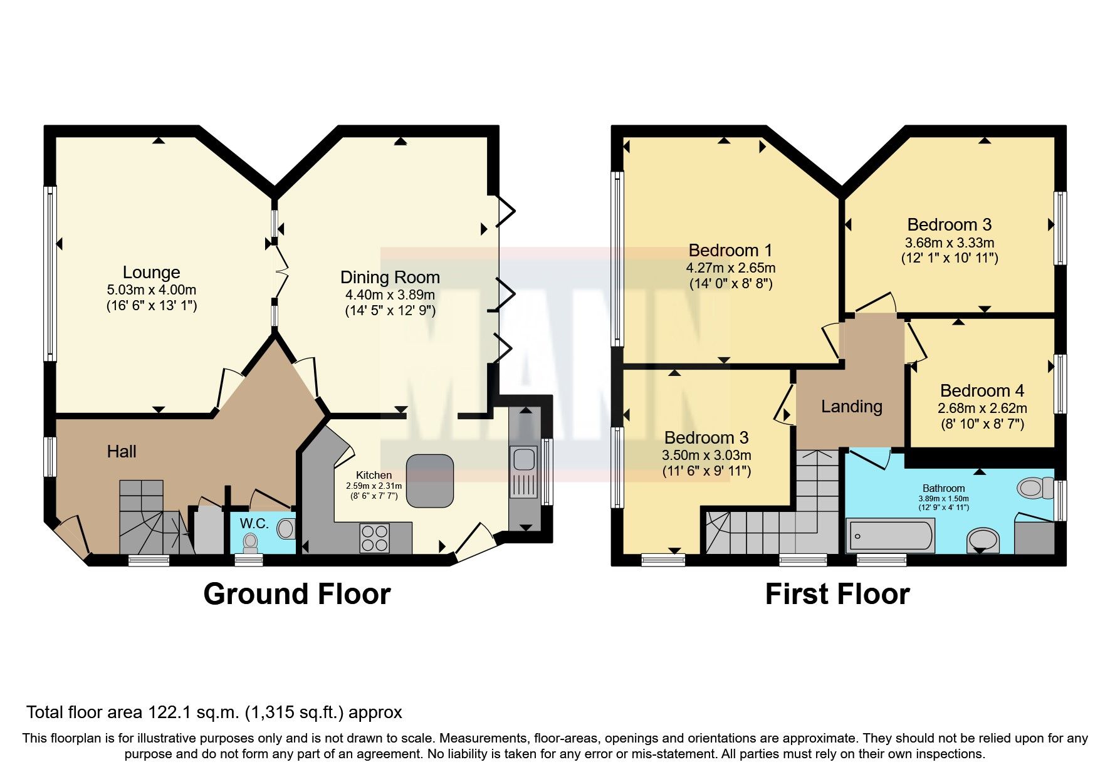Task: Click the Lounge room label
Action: [151, 273]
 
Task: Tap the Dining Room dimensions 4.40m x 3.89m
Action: [389, 295]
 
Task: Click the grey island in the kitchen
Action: [429, 481]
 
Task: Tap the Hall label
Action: [122, 451]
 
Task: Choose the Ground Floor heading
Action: [296, 594]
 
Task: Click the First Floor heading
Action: [837, 594]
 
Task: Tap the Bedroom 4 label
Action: [982, 391]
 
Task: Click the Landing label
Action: [851, 407]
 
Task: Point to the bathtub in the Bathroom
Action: [890, 536]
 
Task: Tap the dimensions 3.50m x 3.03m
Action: [706, 456]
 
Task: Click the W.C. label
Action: [254, 523]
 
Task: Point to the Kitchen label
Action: [374, 475]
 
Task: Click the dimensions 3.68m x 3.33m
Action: [950, 242]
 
